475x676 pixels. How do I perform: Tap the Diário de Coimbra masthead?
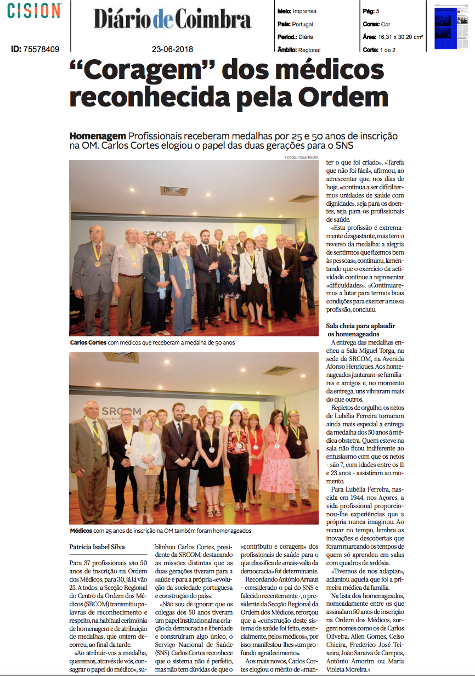point(172,19)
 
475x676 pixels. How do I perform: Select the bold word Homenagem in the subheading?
point(98,136)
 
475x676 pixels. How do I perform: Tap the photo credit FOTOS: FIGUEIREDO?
point(302,157)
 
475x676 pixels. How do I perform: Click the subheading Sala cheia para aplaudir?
point(361,325)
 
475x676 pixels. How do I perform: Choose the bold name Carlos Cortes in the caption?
point(88,342)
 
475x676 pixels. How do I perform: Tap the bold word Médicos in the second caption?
point(81,531)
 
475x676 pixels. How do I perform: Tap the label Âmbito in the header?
point(287,49)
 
